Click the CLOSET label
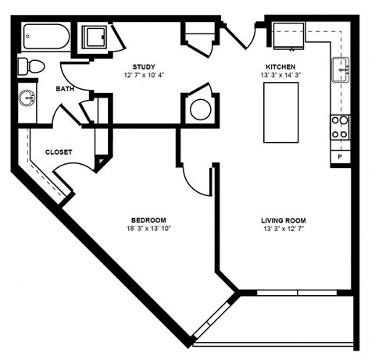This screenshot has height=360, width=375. [x=60, y=151]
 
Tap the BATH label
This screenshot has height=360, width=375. [x=64, y=89]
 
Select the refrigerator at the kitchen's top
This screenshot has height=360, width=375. [x=288, y=35]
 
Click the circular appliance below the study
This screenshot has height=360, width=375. [x=200, y=109]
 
